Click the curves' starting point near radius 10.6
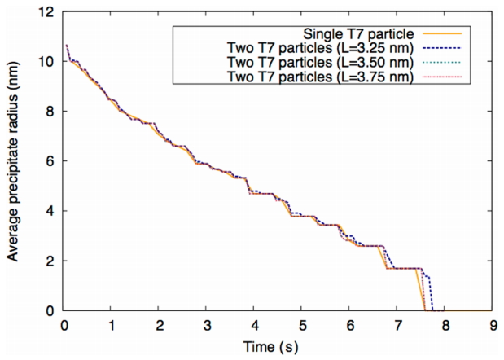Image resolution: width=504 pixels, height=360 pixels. click(x=66, y=45)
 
